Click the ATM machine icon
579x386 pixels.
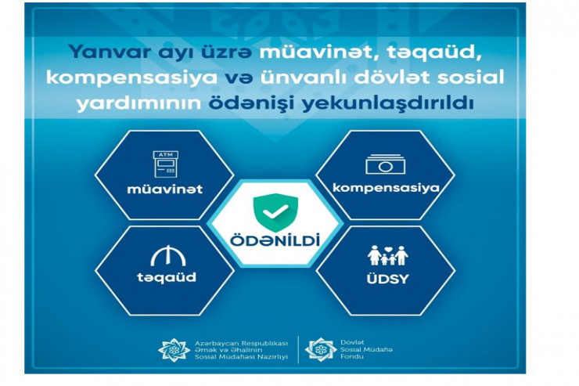166,164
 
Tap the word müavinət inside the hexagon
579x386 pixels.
164,189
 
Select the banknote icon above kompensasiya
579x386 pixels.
385,164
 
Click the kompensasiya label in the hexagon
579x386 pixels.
386,188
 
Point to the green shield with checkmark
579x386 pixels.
275,212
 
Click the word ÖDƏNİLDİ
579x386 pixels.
275,240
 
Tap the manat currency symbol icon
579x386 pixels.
168,255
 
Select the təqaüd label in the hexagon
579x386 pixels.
167,277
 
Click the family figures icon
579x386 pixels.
388,255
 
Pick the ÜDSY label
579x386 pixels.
388,279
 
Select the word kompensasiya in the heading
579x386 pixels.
131,78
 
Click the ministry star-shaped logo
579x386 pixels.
174,350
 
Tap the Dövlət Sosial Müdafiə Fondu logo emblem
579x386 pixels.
321,349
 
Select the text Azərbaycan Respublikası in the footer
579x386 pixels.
241,343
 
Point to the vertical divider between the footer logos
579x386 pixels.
298,349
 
